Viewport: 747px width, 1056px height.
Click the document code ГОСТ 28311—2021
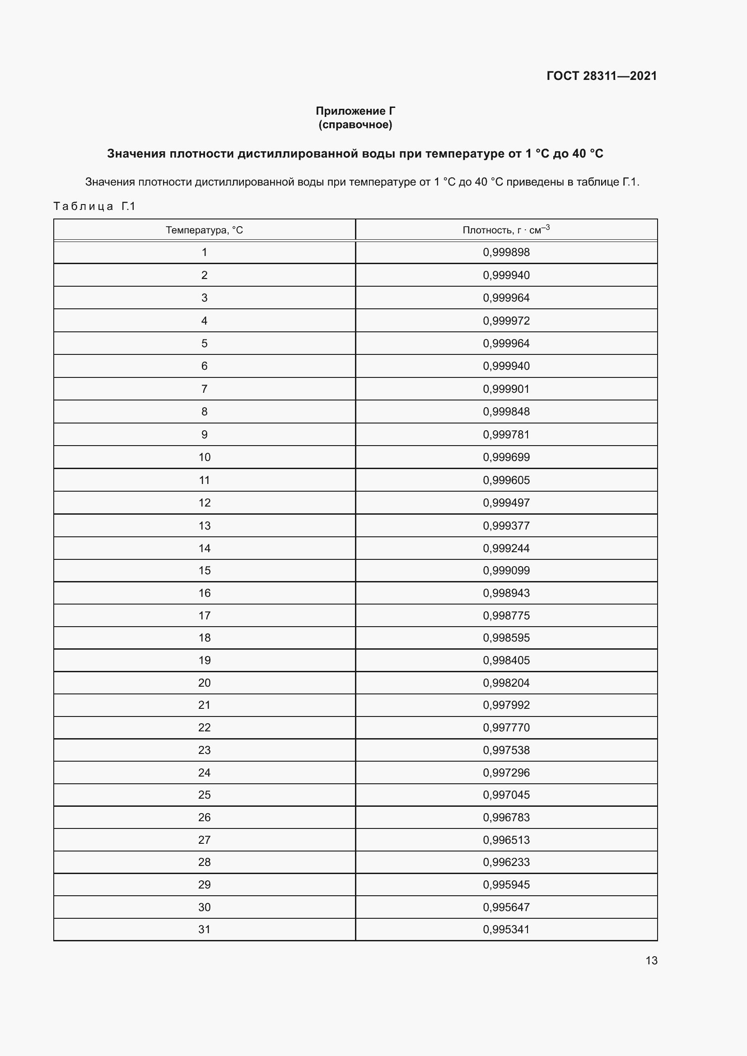click(601, 76)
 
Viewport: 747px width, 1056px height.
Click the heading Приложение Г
click(355, 111)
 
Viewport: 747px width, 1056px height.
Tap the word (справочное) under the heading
click(355, 125)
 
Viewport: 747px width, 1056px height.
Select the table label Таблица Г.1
click(94, 206)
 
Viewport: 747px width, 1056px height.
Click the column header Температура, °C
click(204, 230)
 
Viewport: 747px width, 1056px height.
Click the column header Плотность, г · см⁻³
click(506, 229)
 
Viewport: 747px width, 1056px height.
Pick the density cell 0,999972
click(506, 321)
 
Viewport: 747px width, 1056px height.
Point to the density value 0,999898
click(506, 252)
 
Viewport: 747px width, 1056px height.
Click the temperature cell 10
click(204, 457)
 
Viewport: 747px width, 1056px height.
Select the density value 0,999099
click(506, 570)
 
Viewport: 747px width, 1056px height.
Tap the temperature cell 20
click(204, 683)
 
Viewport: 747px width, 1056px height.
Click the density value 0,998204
click(506, 683)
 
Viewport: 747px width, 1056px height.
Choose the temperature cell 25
click(204, 795)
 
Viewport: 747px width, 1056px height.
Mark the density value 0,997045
click(506, 795)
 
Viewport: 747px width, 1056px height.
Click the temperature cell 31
click(204, 929)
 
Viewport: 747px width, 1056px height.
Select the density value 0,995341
click(506, 929)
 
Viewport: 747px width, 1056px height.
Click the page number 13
click(651, 960)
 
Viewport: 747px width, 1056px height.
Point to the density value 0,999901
click(506, 389)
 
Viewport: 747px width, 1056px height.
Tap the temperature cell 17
click(204, 615)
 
